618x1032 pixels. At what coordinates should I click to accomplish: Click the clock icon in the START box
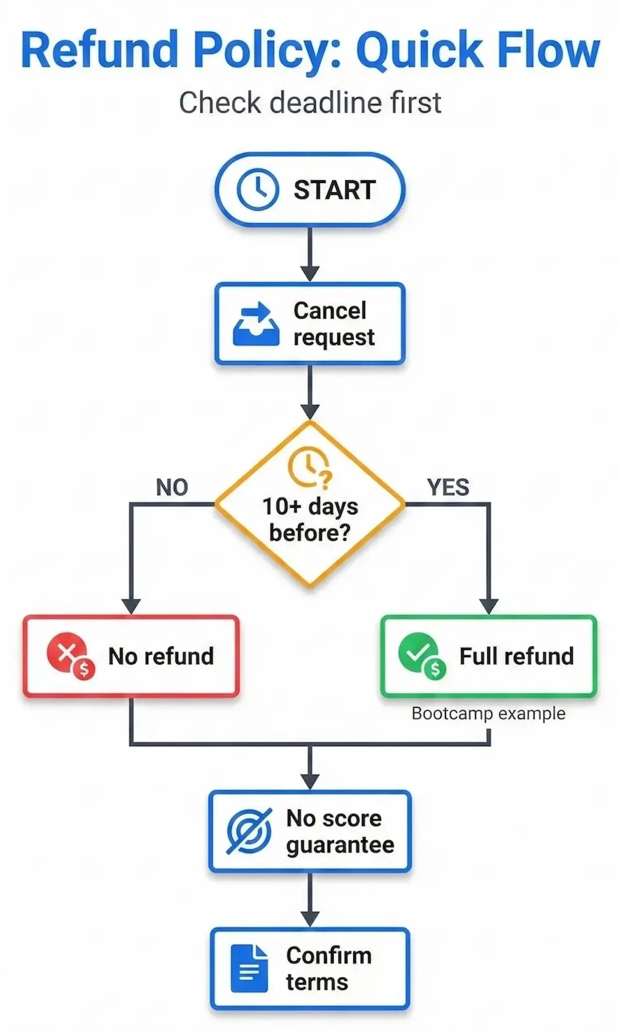tap(257, 190)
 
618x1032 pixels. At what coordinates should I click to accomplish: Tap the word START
tap(335, 190)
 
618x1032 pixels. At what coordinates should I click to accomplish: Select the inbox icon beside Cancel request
tap(256, 324)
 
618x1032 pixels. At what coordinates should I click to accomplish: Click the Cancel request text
tap(334, 324)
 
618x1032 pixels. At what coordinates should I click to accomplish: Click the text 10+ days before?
tap(310, 519)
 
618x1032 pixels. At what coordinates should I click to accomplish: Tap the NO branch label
tap(172, 487)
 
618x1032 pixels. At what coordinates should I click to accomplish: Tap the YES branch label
tap(448, 487)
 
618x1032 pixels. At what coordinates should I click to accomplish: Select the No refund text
tap(161, 656)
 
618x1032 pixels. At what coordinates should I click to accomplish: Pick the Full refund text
tap(516, 656)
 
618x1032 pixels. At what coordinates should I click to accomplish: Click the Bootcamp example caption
tap(488, 713)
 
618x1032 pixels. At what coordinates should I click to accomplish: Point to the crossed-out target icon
tap(249, 831)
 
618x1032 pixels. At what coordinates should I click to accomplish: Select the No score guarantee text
tap(340, 831)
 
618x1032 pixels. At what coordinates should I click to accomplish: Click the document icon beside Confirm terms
tap(249, 969)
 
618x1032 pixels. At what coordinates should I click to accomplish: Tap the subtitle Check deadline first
tap(310, 102)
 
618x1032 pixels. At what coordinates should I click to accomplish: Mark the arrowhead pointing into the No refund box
tap(131, 606)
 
